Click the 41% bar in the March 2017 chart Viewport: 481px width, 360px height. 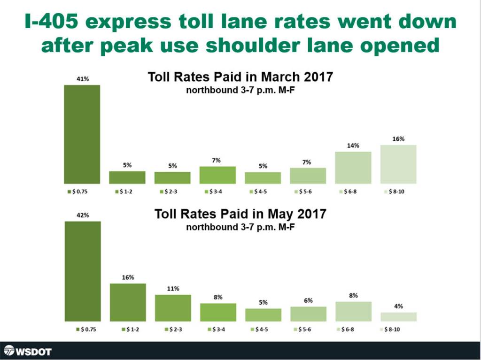click(x=82, y=134)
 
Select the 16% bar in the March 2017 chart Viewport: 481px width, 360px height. click(x=398, y=164)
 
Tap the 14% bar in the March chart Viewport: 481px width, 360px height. click(x=353, y=168)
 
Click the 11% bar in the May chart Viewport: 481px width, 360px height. click(x=173, y=308)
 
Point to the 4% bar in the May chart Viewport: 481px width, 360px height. click(x=398, y=317)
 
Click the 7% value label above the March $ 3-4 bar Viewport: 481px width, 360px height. click(x=217, y=161)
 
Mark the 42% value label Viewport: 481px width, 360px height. click(x=83, y=215)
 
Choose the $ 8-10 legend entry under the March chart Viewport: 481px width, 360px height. click(x=396, y=192)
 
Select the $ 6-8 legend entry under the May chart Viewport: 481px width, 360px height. click(x=350, y=330)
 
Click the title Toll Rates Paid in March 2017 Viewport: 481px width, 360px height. click(x=240, y=77)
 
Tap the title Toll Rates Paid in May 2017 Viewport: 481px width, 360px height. click(x=240, y=214)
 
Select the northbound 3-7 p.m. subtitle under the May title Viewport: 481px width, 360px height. click(x=240, y=227)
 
